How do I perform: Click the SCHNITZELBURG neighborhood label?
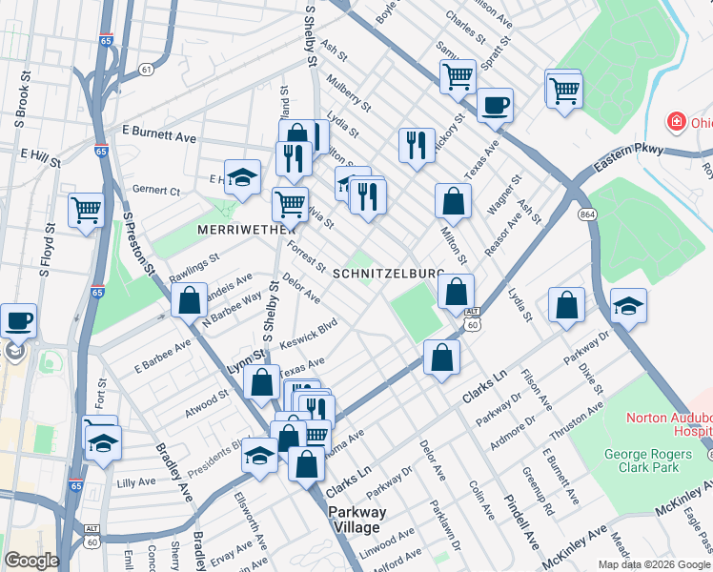[388, 273]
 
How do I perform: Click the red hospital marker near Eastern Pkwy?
[676, 123]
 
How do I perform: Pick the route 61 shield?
[145, 70]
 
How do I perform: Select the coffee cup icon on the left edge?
[18, 321]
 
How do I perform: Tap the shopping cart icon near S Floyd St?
[86, 209]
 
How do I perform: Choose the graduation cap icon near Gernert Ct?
[242, 176]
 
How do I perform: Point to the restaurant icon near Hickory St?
[416, 145]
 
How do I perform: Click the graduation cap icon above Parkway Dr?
[628, 305]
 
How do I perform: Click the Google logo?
[31, 561]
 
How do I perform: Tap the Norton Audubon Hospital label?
[668, 425]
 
